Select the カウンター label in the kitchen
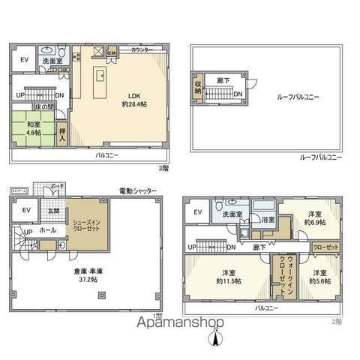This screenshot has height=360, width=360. click(x=142, y=49)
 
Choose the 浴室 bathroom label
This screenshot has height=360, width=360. click(x=268, y=220)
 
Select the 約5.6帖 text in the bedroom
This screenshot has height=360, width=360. click(x=318, y=280)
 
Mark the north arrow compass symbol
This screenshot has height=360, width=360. click(x=216, y=338)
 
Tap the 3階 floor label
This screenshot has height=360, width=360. click(x=162, y=168)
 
